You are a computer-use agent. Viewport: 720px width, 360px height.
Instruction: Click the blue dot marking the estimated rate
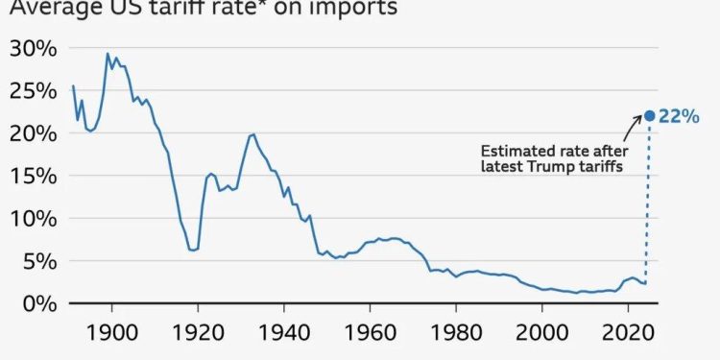(649, 116)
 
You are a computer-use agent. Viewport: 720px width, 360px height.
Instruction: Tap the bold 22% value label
(680, 116)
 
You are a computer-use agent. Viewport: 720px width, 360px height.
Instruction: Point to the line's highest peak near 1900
(108, 54)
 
